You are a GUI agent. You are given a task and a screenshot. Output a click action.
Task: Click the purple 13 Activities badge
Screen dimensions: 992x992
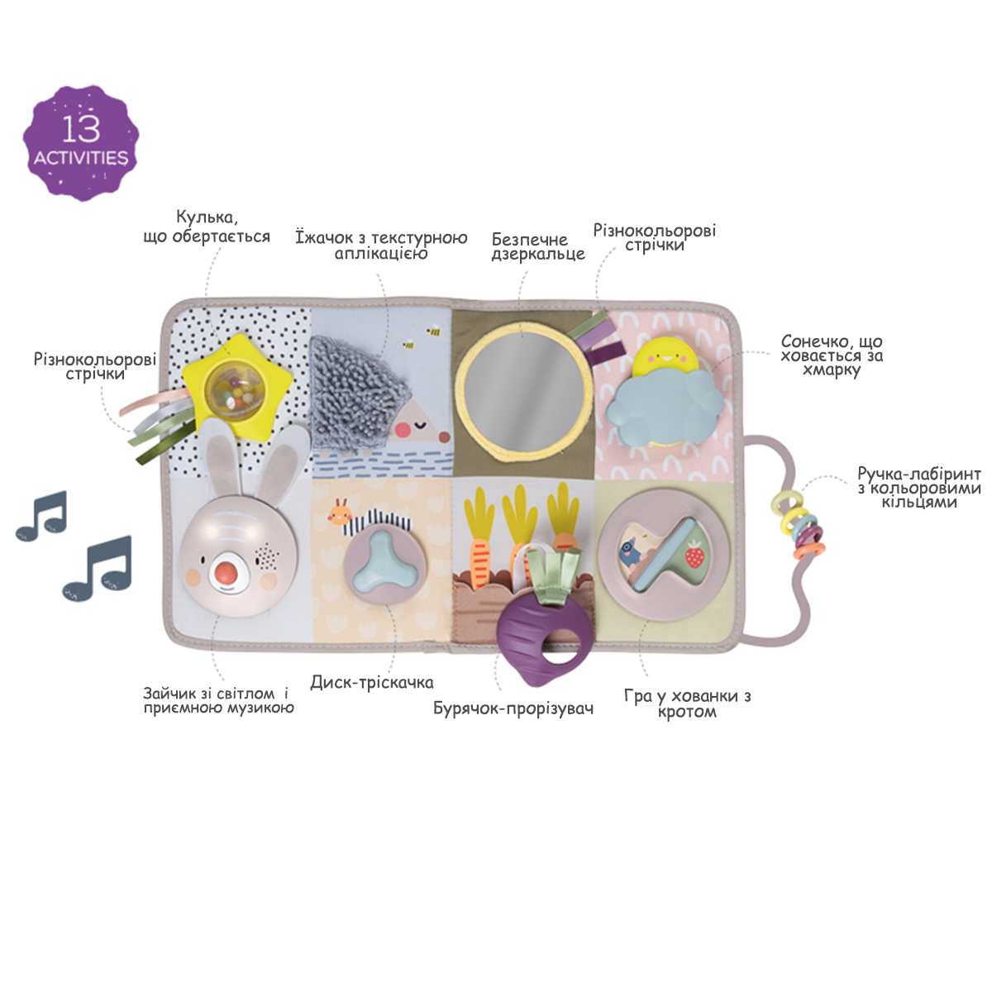click(81, 142)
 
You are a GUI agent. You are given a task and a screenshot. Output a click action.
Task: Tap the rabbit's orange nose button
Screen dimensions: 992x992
click(227, 574)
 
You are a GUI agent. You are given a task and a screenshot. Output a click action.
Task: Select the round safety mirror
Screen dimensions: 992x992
click(523, 389)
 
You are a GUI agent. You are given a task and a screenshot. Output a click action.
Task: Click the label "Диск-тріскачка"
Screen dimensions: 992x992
click(372, 683)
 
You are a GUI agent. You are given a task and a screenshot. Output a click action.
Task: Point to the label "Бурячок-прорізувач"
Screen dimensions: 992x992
click(513, 708)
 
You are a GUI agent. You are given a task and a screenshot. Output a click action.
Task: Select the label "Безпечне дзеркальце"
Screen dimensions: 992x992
click(537, 246)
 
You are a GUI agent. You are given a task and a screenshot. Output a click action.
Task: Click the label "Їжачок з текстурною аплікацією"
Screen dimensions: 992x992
click(381, 245)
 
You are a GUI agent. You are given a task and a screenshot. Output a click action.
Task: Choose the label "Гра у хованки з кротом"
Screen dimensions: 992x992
click(687, 703)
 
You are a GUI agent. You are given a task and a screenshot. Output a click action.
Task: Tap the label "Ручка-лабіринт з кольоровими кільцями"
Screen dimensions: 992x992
click(918, 488)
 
